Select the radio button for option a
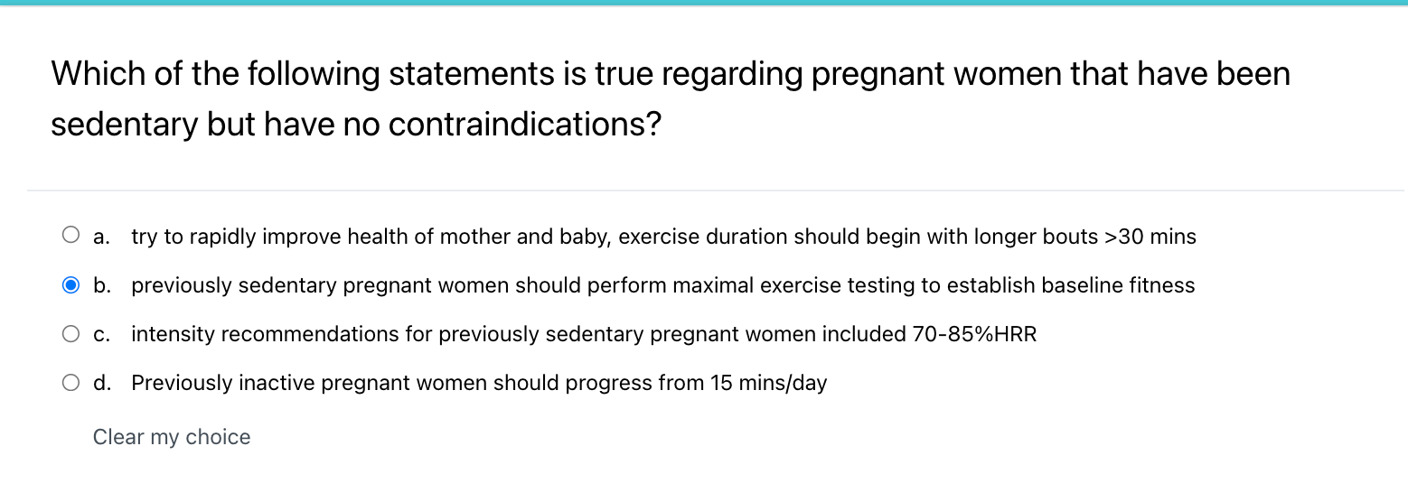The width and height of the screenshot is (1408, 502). coord(71,237)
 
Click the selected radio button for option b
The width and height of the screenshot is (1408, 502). coord(71,285)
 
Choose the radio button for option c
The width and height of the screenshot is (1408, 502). coord(71,334)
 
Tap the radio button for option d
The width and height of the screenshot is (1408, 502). coord(71,383)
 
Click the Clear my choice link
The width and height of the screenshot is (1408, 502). coord(172,437)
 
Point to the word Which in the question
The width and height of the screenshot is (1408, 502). coord(96,74)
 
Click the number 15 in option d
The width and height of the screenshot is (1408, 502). coord(720,384)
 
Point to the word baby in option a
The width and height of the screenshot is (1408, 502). coord(586,237)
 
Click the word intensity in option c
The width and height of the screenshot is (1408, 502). coord(173,335)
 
